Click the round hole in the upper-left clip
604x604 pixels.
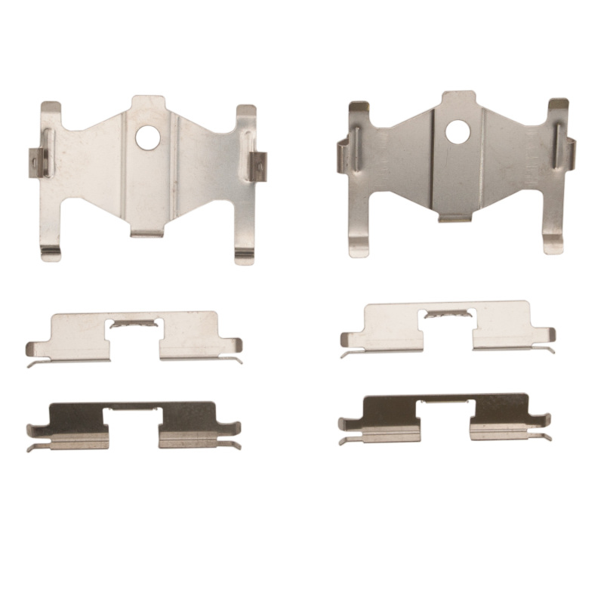[148, 137]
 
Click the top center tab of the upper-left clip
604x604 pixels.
[148, 103]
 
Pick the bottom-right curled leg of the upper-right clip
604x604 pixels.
[553, 245]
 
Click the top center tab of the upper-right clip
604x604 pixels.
[458, 100]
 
